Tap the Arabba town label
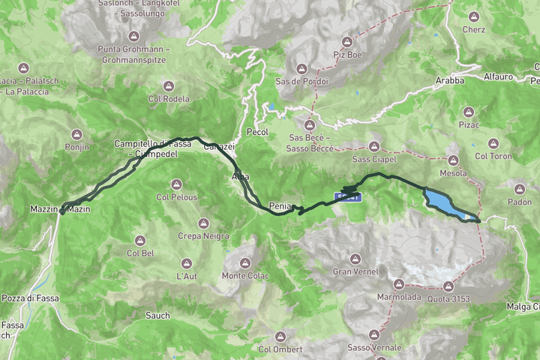tap(449, 80)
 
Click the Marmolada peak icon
tap(399, 284)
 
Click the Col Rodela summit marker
tap(168, 85)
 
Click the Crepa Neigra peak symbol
tap(203, 223)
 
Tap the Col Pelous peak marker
tap(176, 184)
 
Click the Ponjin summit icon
tap(76, 134)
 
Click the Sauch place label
tap(157, 316)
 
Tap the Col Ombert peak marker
tap(280, 336)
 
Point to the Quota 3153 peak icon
tap(448, 286)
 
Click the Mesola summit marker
tap(453, 160)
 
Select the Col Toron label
tap(493, 157)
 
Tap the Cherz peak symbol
tap(473, 16)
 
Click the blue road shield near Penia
tap(348, 197)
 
